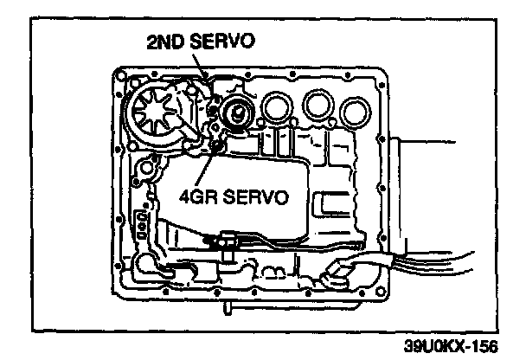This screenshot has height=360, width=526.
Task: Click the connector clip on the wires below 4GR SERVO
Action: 228,242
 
